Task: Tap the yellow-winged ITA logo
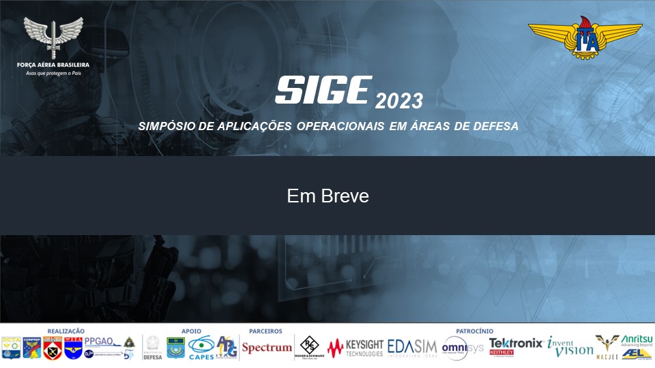585,38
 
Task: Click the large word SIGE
323,90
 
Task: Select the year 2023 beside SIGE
399,102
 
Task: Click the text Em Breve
327,196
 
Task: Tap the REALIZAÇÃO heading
65,331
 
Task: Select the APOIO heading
191,331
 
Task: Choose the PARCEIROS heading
265,331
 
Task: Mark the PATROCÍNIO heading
474,331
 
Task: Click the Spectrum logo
267,348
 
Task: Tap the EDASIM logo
413,348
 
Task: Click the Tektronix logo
516,343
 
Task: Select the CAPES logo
201,348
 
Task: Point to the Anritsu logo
637,340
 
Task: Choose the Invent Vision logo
570,348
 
